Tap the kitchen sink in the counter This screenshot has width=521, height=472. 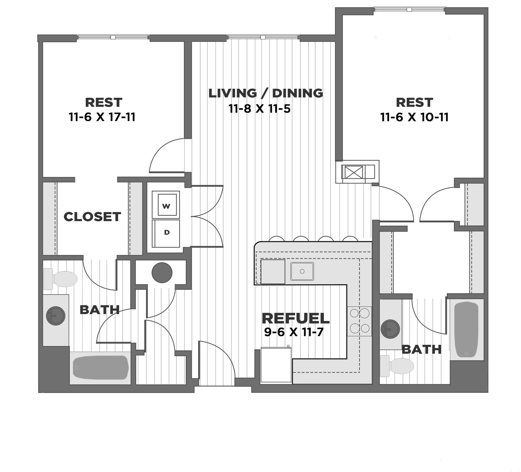302,271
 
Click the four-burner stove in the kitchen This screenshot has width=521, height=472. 359,321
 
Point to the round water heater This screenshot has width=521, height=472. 162,273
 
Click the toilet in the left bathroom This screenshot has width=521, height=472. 61,279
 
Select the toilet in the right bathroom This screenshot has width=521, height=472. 397,366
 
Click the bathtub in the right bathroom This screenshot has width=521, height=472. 466,330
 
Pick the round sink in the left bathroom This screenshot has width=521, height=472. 55,316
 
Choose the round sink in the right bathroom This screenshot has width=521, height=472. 390,329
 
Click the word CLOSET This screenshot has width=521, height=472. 92,217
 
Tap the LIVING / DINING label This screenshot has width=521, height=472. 265,93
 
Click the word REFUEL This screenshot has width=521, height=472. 295,318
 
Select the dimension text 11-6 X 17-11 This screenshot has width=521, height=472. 102,117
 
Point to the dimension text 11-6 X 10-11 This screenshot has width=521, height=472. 414,117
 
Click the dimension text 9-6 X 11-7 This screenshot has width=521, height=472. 294,332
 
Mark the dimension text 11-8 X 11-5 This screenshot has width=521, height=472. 259,109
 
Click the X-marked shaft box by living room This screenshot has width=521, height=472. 353,172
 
